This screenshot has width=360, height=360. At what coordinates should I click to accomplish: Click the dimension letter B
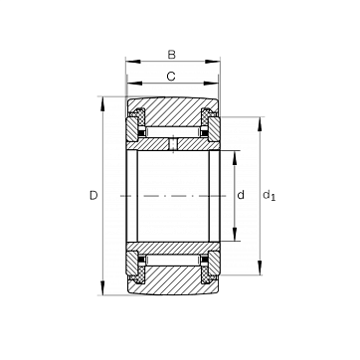click(x=171, y=55)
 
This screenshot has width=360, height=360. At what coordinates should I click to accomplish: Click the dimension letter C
click(x=171, y=77)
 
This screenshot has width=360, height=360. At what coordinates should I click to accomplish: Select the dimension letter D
click(x=93, y=196)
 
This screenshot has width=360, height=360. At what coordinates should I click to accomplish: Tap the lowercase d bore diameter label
click(x=241, y=195)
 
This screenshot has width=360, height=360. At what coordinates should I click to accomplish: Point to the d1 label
click(x=269, y=195)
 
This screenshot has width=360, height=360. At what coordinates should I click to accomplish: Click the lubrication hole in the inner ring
click(x=173, y=144)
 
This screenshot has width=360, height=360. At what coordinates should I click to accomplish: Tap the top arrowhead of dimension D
click(x=102, y=104)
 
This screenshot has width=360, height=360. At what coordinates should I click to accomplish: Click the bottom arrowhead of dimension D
click(x=102, y=287)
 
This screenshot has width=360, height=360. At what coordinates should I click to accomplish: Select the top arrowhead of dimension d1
click(x=260, y=124)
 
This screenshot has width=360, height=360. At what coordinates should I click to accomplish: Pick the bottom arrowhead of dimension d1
click(x=260, y=268)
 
